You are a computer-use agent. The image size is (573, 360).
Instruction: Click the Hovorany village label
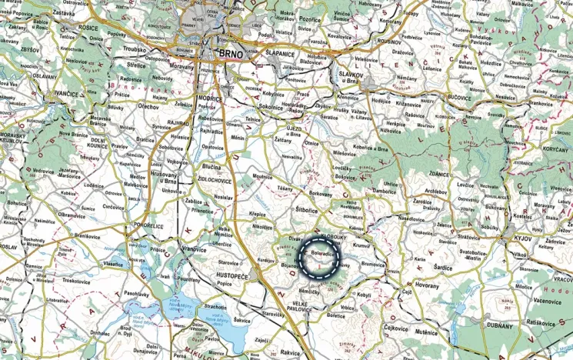tap(427, 285)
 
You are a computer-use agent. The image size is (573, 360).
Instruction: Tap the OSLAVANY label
tap(44, 75)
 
